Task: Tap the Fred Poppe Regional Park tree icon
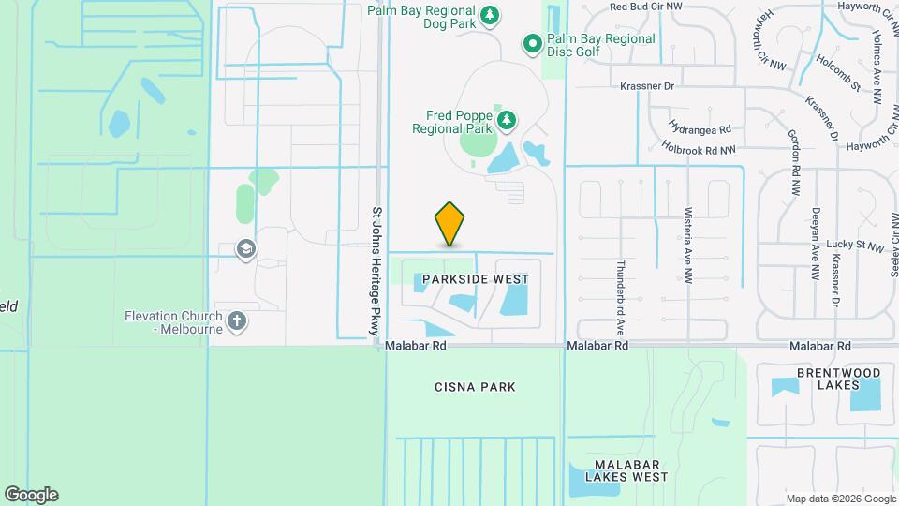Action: (507, 120)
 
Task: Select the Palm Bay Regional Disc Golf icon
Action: (532, 42)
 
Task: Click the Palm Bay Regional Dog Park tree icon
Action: (489, 15)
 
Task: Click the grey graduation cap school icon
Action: (247, 248)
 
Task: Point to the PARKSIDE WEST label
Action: (475, 279)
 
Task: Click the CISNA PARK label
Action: (475, 387)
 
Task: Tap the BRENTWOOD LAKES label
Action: (838, 379)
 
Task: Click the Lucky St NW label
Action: (855, 246)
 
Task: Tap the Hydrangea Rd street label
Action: (700, 126)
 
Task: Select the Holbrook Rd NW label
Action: (698, 148)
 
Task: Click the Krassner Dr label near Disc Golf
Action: (647, 86)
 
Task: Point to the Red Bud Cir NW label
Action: (647, 7)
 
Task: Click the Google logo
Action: (31, 495)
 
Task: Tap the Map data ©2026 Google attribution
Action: (839, 499)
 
